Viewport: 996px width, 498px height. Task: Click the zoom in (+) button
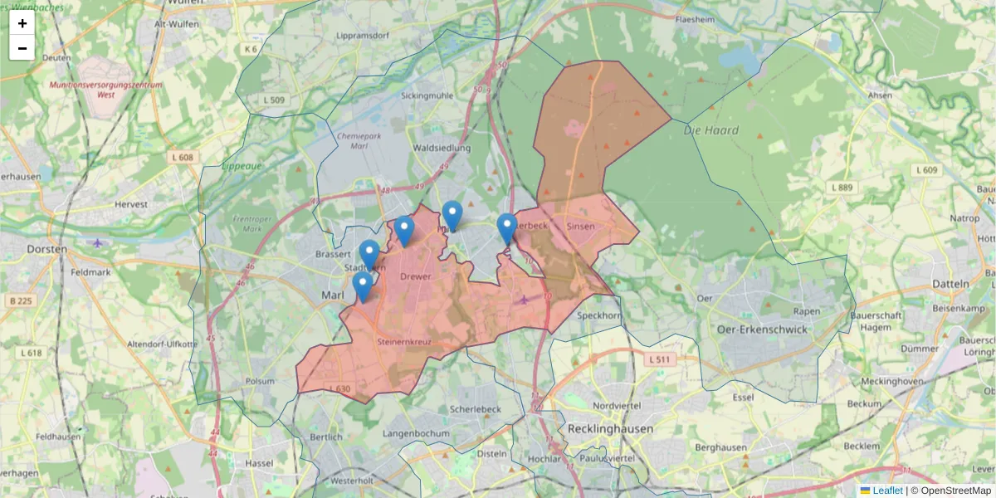[x=22, y=23]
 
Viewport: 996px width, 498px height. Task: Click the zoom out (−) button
[x=22, y=48]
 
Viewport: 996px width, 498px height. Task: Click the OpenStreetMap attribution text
[x=955, y=491]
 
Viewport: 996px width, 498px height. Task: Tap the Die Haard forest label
[x=711, y=130]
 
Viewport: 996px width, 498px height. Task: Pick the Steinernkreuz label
[x=403, y=341]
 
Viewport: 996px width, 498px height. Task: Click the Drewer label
[x=415, y=276]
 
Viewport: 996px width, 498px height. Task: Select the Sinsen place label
[x=581, y=226]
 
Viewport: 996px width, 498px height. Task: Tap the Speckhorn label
[x=598, y=315]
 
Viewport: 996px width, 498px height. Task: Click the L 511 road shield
[x=659, y=359]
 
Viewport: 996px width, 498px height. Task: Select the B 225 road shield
[x=20, y=300]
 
